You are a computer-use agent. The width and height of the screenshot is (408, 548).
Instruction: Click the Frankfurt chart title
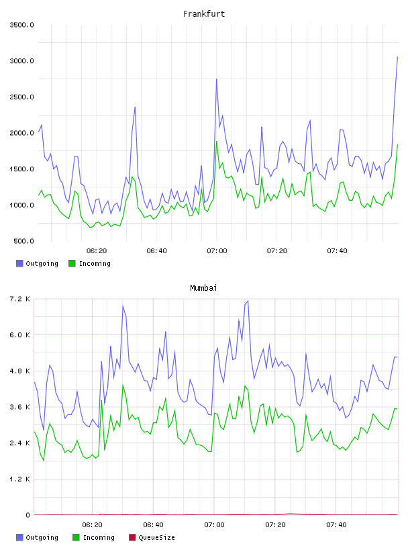coord(204,14)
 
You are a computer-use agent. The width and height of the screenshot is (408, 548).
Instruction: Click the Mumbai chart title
coord(203,288)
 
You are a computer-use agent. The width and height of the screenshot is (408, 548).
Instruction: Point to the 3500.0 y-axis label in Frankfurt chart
coord(21,25)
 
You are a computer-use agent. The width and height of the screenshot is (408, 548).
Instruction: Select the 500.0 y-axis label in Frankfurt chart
coord(23,241)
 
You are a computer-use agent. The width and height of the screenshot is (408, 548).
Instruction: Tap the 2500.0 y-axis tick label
coord(21,97)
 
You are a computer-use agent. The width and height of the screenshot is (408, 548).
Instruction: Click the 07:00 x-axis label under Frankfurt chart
coord(217,251)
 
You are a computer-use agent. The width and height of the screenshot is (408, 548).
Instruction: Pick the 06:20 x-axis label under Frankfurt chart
coord(97,251)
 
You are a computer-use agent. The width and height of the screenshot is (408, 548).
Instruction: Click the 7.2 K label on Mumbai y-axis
coord(20,299)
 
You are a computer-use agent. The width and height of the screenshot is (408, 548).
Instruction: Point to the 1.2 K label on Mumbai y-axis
coord(20,479)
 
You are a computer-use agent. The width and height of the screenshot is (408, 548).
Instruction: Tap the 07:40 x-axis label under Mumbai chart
coord(336,525)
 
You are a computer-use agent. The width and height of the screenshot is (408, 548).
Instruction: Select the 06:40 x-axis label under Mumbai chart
coord(154,525)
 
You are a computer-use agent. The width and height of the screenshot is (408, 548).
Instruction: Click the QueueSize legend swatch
coord(132,537)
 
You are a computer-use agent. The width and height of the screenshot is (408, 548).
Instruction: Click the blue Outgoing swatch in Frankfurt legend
coord(19,263)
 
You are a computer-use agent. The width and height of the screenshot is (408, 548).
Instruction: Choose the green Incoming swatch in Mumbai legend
coord(76,537)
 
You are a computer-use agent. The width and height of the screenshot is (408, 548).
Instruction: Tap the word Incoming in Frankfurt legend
coord(95,264)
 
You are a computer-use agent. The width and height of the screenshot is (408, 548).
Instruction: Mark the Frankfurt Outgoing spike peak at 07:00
coord(217,79)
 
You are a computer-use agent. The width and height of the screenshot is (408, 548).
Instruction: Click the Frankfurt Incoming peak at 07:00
coord(217,142)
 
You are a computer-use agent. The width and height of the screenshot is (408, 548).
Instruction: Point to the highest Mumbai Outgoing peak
coord(248,301)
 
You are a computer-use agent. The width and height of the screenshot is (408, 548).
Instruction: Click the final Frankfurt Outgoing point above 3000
coord(397,56)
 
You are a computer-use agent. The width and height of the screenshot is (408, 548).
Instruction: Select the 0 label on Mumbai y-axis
coord(28,515)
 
